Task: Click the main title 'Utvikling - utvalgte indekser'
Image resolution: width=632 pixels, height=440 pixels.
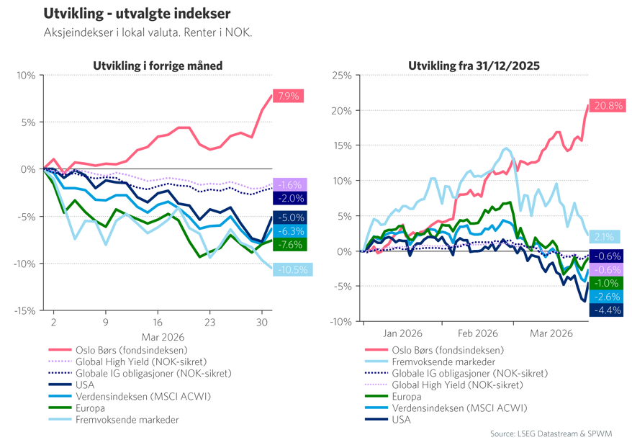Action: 137,14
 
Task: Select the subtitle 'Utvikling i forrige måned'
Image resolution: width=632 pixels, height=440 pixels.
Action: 158,66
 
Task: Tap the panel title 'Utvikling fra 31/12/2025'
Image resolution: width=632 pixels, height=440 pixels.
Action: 474,66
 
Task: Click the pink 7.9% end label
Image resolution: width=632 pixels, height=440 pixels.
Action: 288,96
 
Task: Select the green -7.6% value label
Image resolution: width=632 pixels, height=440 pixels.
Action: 289,244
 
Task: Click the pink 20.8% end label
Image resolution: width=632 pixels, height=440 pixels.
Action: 608,106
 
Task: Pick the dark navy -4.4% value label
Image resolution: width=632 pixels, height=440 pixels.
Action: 605,310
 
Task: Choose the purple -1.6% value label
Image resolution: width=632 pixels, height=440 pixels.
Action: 289,185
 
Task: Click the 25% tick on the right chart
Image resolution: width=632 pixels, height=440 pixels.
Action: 341,76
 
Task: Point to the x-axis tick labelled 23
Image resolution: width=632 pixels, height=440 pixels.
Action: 209,323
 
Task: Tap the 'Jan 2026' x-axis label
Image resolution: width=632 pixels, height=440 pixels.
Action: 402,333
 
